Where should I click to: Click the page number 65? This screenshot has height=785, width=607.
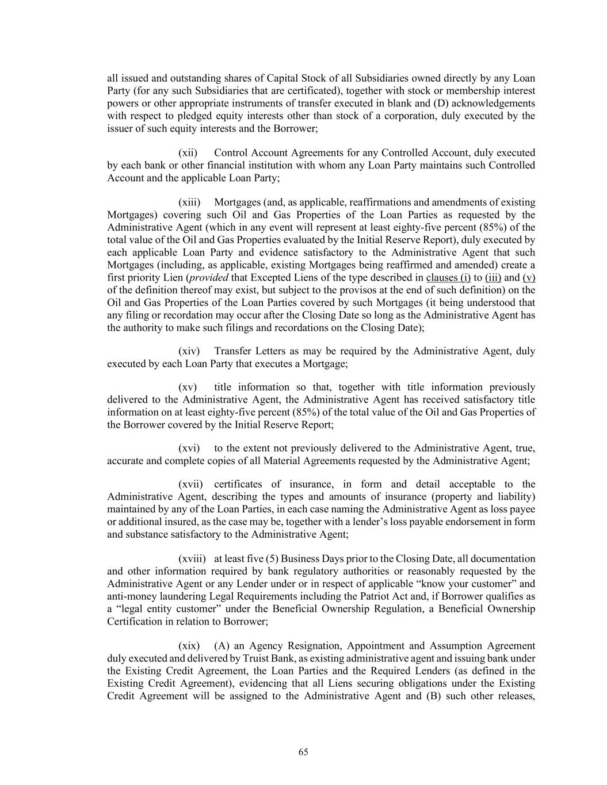click(303, 752)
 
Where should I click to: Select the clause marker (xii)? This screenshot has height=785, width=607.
click(188, 153)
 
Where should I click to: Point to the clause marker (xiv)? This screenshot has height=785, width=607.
click(189, 351)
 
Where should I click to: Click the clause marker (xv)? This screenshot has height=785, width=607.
click(188, 387)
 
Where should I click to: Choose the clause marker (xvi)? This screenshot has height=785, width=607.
click(189, 448)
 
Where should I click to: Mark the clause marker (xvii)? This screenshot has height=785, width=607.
click(190, 484)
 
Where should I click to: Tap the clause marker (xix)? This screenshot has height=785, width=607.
click(189, 646)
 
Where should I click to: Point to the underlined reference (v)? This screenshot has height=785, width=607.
click(529, 277)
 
